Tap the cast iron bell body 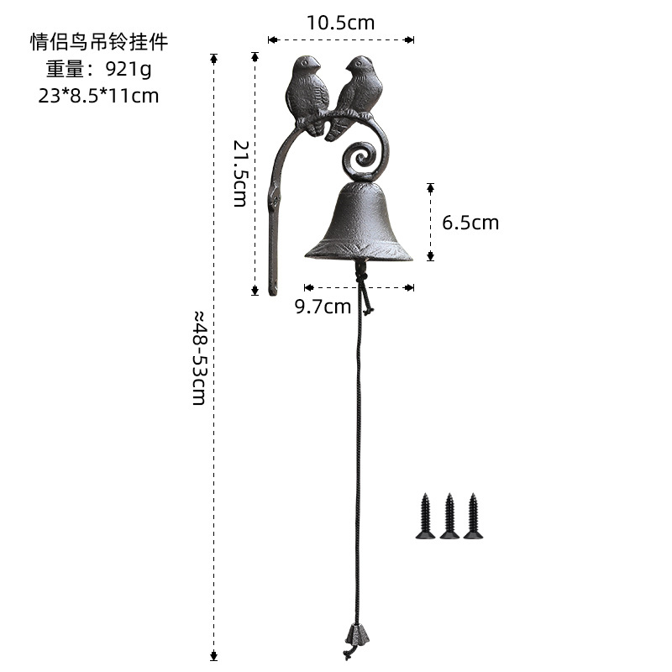(x=359, y=223)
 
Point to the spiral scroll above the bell (x=364, y=158)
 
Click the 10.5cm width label (x=340, y=23)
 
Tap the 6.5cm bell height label (x=470, y=223)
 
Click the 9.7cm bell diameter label (x=323, y=307)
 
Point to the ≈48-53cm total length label (x=199, y=357)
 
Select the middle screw (x=449, y=516)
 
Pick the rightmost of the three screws (x=473, y=516)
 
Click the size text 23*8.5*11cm (x=98, y=95)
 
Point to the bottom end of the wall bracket (x=272, y=290)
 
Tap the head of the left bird (x=306, y=66)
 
